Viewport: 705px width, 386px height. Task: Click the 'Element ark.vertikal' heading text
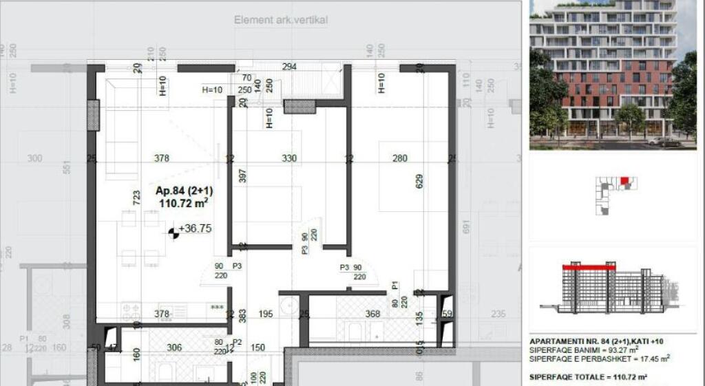pyautogui.click(x=281, y=20)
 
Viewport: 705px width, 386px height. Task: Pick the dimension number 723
pyautogui.click(x=137, y=197)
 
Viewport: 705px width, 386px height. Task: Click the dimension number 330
pyautogui.click(x=289, y=159)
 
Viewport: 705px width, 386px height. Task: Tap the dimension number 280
pyautogui.click(x=400, y=159)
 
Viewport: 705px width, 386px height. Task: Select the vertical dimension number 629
pyautogui.click(x=419, y=181)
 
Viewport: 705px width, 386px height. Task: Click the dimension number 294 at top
pyautogui.click(x=289, y=67)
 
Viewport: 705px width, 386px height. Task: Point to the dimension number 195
pyautogui.click(x=266, y=314)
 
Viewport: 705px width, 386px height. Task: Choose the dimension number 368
pyautogui.click(x=372, y=314)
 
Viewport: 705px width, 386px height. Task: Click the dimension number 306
pyautogui.click(x=175, y=347)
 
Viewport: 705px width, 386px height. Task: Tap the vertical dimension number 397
pyautogui.click(x=242, y=176)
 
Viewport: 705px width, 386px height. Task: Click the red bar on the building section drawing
pyautogui.click(x=589, y=266)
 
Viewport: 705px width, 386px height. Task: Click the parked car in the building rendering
pyautogui.click(x=664, y=141)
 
